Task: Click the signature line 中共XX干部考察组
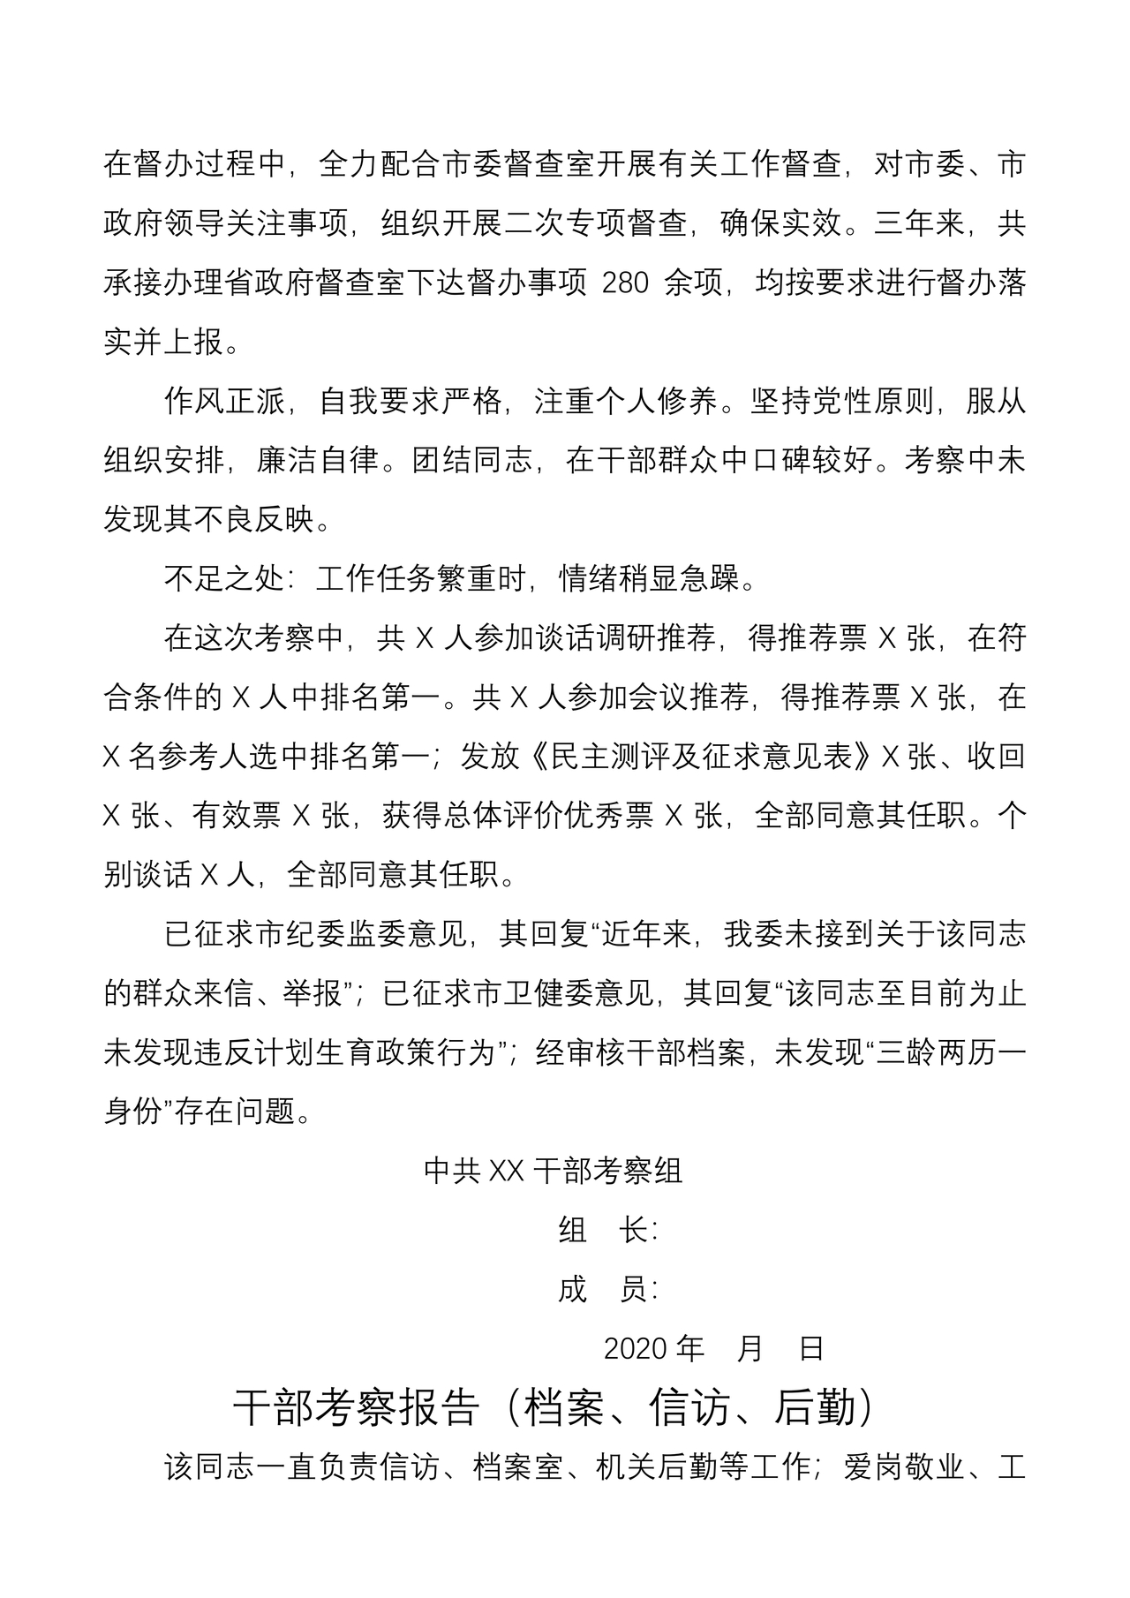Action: (x=553, y=1171)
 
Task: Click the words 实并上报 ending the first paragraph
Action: (x=163, y=343)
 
